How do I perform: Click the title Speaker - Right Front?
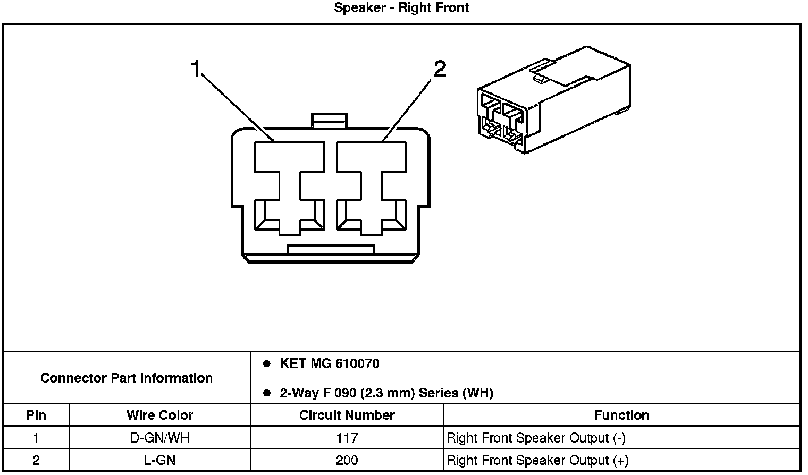(x=401, y=8)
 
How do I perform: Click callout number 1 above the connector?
(x=196, y=69)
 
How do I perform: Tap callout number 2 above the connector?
(x=440, y=69)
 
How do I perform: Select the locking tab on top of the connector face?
(x=330, y=121)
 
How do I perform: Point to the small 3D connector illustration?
(x=553, y=101)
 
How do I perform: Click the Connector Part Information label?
(x=127, y=378)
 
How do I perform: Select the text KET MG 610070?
(x=330, y=364)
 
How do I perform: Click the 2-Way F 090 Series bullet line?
(x=386, y=393)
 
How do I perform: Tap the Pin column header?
(x=36, y=415)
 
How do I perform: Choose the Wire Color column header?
(x=159, y=415)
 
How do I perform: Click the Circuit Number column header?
(x=347, y=415)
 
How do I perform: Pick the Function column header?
(x=621, y=415)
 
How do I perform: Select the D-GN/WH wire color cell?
(x=159, y=438)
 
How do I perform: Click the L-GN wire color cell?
(x=159, y=460)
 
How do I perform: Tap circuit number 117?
(x=347, y=438)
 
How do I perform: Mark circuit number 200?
(x=347, y=460)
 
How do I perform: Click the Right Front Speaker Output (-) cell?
(x=536, y=438)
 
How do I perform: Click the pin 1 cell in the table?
(x=36, y=438)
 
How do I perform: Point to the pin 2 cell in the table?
(x=36, y=460)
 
